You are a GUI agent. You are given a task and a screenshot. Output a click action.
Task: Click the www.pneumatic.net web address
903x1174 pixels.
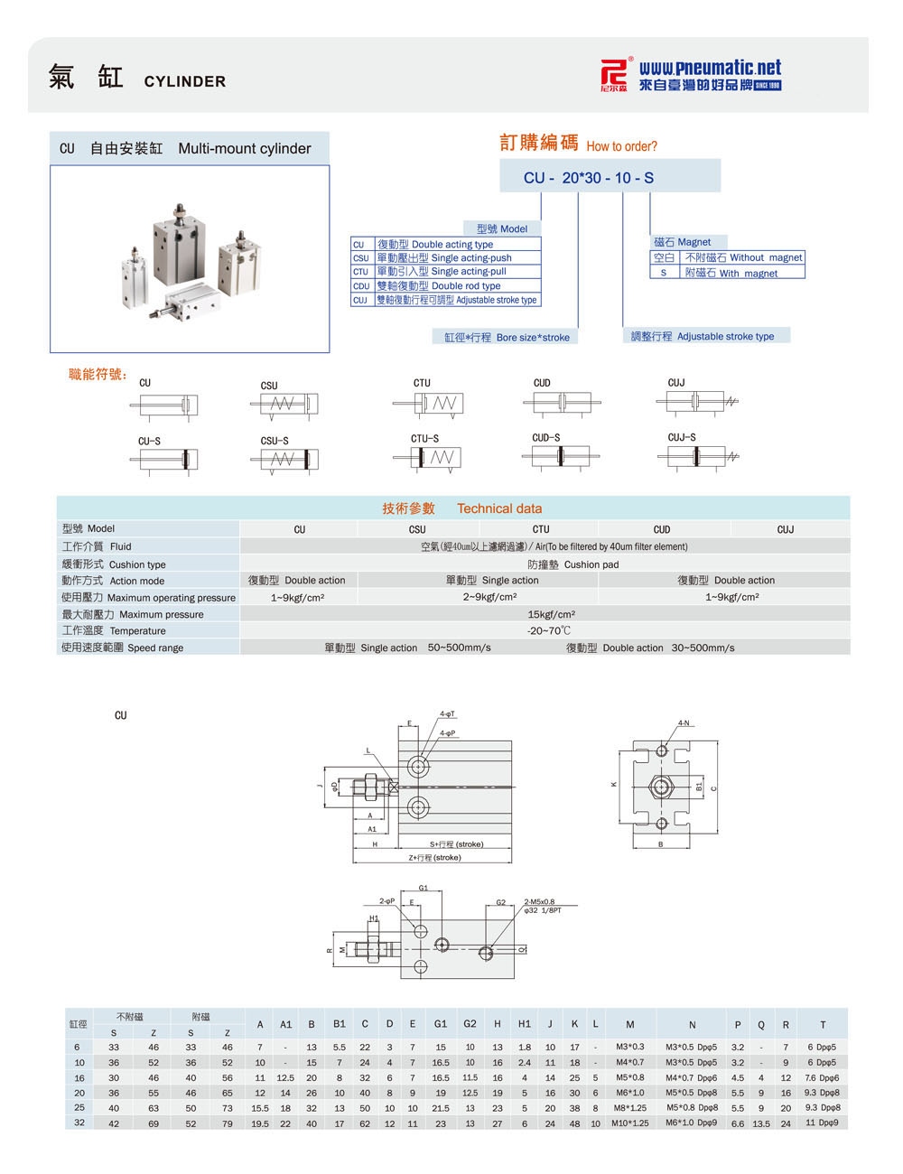tap(710, 68)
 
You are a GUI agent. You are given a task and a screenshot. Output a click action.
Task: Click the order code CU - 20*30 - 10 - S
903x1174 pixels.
tap(588, 178)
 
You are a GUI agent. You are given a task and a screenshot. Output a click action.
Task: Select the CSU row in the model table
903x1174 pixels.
tap(445, 258)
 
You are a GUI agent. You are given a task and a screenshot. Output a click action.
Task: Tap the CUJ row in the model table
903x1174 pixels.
tap(445, 300)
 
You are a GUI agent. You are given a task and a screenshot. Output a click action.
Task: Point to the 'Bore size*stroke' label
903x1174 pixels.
tap(507, 337)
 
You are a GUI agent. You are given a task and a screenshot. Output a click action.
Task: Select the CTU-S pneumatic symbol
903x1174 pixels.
tap(435, 458)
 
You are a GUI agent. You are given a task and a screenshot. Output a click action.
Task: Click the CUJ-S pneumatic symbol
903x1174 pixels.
tap(701, 455)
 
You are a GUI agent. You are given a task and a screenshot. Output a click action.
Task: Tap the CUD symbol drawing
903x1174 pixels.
tap(564, 403)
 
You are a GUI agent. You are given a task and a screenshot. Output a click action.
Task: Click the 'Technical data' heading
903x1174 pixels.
tap(498, 508)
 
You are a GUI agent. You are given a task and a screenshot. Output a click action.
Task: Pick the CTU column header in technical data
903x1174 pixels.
tap(540, 529)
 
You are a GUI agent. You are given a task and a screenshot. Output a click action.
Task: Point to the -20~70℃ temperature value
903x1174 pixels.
tap(549, 631)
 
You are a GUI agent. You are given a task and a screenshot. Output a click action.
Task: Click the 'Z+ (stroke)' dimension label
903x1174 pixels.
tap(434, 857)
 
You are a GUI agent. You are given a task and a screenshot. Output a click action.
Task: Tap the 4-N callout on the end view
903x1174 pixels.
tap(684, 723)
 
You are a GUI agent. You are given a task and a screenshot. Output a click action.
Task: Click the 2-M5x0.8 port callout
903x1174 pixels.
tap(540, 901)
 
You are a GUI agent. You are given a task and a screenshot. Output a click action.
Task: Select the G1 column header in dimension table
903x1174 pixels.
tap(441, 1024)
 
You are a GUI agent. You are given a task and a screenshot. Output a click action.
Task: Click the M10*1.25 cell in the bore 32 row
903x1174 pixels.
tap(629, 1123)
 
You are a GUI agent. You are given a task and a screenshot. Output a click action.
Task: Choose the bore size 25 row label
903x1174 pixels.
tap(79, 1107)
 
